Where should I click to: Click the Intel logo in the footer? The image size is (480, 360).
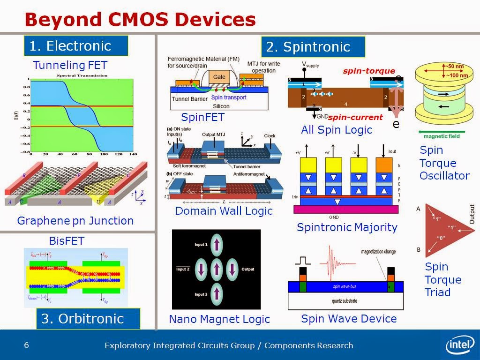click(460, 346)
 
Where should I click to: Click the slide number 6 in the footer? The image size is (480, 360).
click(27, 345)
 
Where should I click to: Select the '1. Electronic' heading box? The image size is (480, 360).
click(75, 46)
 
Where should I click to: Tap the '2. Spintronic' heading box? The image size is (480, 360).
click(313, 47)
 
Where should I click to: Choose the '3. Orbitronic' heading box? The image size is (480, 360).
click(88, 319)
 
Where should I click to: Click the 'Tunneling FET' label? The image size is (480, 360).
click(70, 65)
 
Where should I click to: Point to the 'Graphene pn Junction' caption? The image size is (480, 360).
click(75, 220)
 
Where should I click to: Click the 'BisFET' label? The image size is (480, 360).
click(67, 241)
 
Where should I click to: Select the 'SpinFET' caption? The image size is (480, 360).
click(203, 117)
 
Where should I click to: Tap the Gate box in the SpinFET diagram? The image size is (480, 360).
click(219, 77)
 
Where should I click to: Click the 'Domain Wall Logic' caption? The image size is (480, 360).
click(224, 211)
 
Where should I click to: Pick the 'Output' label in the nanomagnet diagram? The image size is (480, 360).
click(247, 270)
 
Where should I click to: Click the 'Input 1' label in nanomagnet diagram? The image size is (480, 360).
click(200, 245)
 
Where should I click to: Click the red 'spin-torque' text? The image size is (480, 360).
click(369, 71)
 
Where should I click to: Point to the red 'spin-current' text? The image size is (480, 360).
click(355, 117)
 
